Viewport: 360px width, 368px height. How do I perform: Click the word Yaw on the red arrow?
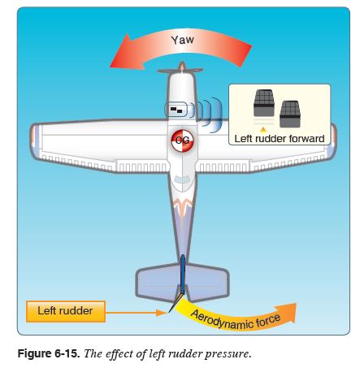click(182, 39)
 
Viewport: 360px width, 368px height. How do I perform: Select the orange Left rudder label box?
click(65, 310)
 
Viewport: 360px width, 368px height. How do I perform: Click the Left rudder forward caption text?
click(280, 139)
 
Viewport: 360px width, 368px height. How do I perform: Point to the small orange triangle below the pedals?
click(262, 128)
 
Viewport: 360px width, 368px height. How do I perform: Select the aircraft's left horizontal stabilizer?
click(154, 279)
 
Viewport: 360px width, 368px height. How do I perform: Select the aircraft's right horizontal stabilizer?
click(209, 279)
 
